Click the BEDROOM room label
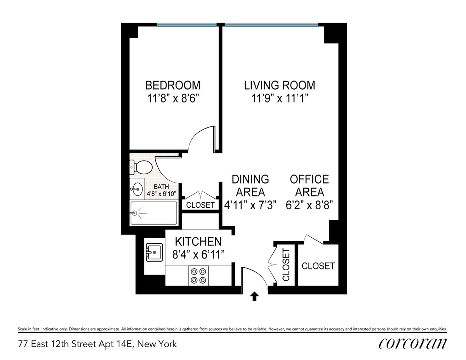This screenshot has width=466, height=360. pos(173,85)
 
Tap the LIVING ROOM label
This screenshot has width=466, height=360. pos(280,85)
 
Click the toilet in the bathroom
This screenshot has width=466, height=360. pos(141,167)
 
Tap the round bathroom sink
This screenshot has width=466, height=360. pos(137,189)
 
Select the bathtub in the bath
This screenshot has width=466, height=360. pos(154,213)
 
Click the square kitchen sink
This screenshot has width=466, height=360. pos(154,252)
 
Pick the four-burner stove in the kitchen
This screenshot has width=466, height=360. pos(198,276)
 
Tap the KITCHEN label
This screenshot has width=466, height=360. pos(198,242)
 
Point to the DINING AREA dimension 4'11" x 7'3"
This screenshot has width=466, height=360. pos(250,205)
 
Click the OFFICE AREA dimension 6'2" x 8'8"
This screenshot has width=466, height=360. pos(309,205)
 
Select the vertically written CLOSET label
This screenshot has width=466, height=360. pos(286,265)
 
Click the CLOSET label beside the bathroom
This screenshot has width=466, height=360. pos(200,205)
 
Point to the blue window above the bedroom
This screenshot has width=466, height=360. pos(186,25)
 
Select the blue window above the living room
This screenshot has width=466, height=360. pos(271,25)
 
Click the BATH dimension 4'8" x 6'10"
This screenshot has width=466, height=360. pos(161,194)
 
